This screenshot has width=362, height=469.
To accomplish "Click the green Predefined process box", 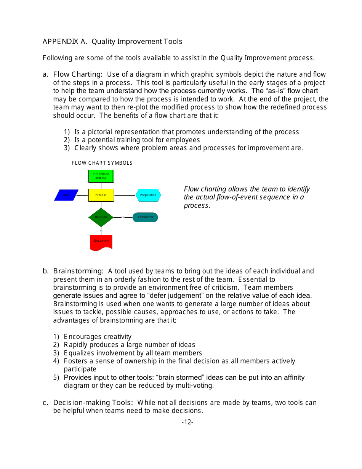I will pos(101,176).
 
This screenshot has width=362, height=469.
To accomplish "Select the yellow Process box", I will pos(101,195).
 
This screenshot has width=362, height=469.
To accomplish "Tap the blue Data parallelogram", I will pos(66,195).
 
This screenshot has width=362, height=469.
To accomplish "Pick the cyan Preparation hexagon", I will pos(148,195).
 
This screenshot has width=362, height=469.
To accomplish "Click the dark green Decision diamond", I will pos(101,217).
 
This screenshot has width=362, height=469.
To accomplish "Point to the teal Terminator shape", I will pos(145,217).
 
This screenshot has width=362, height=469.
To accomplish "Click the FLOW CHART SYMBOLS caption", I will pos(102,163).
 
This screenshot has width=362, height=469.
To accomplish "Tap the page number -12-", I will pos(187,422).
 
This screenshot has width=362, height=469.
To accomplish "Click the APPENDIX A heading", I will pos(112,42).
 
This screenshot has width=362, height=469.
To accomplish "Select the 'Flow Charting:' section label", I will pos(78,74).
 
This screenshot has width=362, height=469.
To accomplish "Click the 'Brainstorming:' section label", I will pos(78,271).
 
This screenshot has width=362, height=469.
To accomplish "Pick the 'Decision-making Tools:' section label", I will pos(93,403).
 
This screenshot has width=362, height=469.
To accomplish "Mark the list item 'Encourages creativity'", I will pos(98,337).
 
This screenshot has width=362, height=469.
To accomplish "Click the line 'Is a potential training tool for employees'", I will pos(137,140).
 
